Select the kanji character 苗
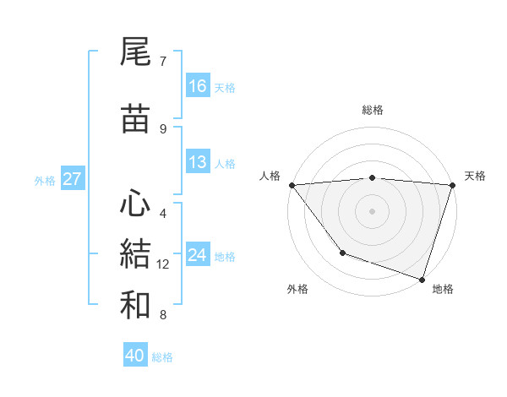point(136,118)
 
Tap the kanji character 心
point(136,203)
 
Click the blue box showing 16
point(198,86)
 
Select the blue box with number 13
point(198,163)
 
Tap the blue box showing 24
point(198,255)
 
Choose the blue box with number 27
point(72,179)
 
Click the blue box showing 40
point(135,356)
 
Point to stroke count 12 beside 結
point(163,264)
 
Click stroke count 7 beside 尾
point(163,62)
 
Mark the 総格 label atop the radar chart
point(372,110)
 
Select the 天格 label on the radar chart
point(475,176)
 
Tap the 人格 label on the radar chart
point(270,176)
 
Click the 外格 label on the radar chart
point(297,289)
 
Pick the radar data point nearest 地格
point(422,279)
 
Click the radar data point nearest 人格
point(292,184)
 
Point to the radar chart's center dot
point(372,210)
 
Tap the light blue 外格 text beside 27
point(44,180)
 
